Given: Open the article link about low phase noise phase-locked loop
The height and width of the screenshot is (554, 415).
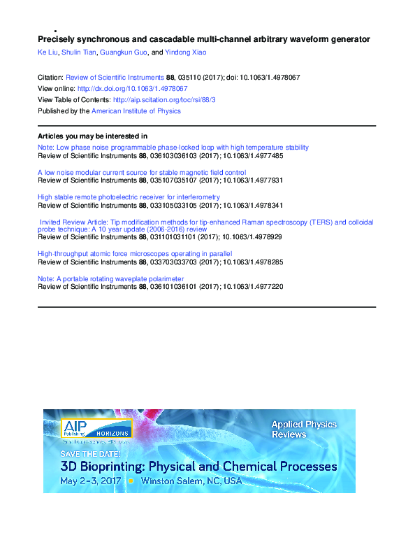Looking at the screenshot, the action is tap(173, 147).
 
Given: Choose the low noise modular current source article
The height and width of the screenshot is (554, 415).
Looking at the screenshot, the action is tap(141, 172).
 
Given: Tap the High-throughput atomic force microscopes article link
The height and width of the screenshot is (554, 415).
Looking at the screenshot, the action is tap(135, 253).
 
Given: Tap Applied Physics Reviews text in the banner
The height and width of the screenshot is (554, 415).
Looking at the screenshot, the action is tap(303, 429).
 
